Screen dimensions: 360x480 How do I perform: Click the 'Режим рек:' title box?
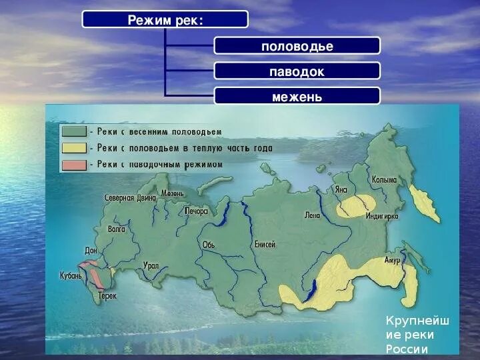pos(165,19)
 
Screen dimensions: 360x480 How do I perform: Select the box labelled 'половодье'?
pos(297,46)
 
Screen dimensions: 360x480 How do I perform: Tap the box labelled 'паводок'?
pos(297,71)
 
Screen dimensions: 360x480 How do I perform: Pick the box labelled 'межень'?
pos(297,97)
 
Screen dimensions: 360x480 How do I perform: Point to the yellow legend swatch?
pos(73,149)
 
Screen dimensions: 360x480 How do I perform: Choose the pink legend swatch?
pos(73,165)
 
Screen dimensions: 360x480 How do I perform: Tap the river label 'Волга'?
pos(116,229)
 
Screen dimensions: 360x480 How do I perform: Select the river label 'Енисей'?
pos(264,245)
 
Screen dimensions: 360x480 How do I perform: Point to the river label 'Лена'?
pos(312,215)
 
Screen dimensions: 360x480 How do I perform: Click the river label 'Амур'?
pos(391,259)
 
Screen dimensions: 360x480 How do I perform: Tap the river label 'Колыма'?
pos(385,180)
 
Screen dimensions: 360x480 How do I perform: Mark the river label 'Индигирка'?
pos(382,217)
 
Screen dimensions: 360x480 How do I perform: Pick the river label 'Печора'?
pos(197,211)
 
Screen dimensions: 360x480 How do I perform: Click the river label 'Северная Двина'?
pos(130,198)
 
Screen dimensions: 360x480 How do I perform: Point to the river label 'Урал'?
pos(151,265)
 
